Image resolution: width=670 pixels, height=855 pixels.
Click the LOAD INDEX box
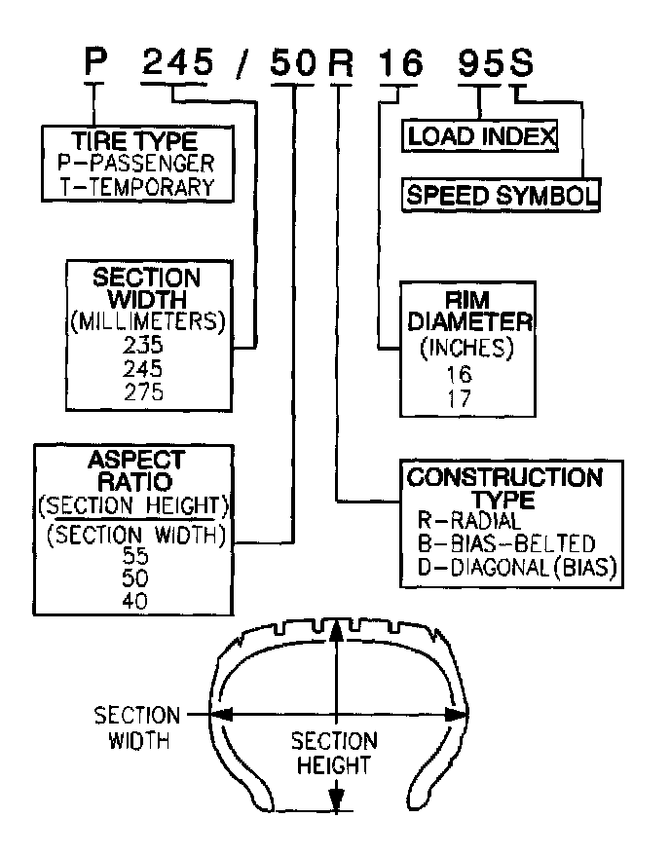click(481, 136)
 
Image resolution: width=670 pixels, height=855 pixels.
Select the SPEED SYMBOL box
click(501, 194)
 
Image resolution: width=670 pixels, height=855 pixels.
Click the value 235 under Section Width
click(144, 346)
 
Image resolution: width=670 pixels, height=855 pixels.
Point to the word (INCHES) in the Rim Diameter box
click(465, 348)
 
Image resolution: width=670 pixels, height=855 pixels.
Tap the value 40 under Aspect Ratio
click(135, 600)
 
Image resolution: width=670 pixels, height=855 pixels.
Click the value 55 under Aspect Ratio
click(135, 556)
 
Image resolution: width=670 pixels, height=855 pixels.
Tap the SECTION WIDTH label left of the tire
click(136, 727)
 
